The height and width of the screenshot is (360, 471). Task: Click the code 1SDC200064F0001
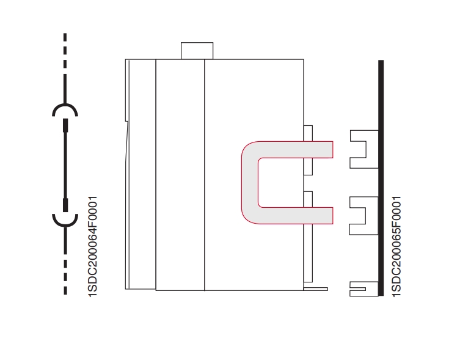point(93,246)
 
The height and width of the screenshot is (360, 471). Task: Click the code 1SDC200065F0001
point(396,246)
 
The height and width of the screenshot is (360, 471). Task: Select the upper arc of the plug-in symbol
point(65,109)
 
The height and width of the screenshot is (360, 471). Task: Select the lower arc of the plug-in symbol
point(65,219)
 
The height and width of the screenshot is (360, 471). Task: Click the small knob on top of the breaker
point(197,50)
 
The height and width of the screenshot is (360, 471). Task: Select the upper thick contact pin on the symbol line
point(65,127)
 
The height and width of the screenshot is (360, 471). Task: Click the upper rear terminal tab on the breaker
point(308,133)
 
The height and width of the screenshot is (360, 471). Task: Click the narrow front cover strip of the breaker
point(141,174)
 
